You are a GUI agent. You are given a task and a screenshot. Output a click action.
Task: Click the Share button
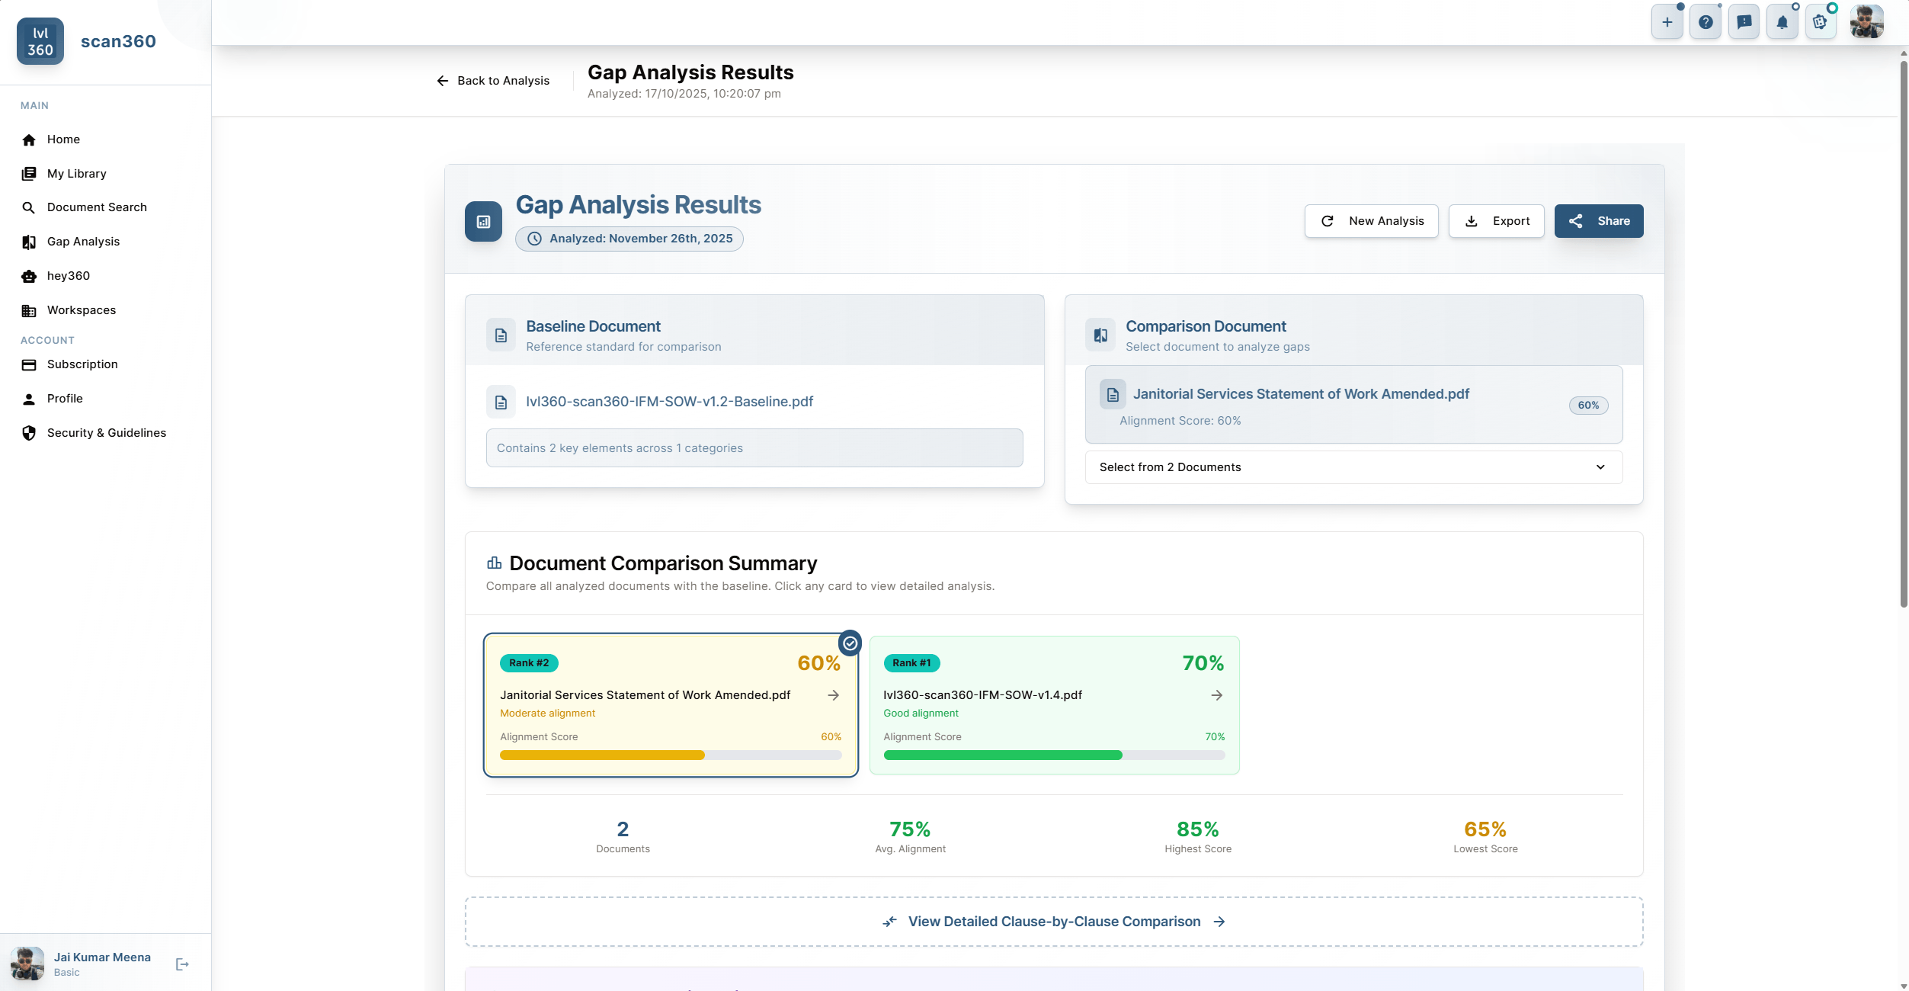[1598, 221]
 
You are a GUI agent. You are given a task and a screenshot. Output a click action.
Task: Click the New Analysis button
[1371, 221]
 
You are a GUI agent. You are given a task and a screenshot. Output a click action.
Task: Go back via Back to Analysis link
[493, 81]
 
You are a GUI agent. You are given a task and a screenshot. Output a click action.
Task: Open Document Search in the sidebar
[96, 207]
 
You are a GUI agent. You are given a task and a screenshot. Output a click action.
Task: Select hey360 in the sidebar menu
[68, 276]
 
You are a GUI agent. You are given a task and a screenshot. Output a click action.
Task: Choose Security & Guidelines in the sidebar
[106, 433]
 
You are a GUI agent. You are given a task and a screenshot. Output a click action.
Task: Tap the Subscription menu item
[82, 364]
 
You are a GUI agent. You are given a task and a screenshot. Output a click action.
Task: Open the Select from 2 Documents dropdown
[1353, 467]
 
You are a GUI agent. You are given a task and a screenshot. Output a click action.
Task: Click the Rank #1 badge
[911, 663]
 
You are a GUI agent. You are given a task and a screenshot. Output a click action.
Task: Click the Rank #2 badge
[529, 663]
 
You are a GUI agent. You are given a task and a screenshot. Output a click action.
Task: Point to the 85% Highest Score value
[1197, 829]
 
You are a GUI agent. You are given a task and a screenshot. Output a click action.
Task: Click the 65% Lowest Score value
[1485, 829]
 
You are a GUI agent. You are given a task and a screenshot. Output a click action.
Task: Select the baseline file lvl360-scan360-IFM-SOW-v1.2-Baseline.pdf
[669, 402]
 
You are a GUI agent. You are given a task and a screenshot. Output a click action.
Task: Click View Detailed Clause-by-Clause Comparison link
[1053, 922]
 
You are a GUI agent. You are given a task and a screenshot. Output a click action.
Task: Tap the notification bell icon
[1782, 22]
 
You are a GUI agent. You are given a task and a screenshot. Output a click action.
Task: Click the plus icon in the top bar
[1667, 22]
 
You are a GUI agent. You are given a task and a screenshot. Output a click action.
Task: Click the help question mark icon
[1706, 22]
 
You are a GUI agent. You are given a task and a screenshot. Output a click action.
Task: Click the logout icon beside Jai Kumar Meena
[182, 964]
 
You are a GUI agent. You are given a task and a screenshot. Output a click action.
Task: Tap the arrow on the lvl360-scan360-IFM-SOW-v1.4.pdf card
[1216, 695]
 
